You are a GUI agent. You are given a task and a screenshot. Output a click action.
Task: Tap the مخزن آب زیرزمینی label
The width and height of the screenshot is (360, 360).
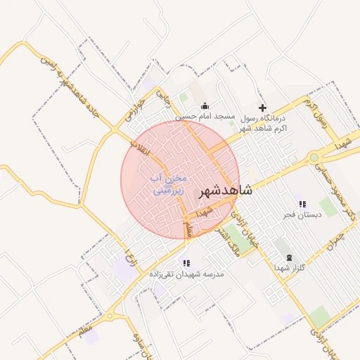(169, 184)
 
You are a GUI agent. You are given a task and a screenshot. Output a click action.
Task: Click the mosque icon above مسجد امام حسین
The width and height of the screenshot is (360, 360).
(205, 105)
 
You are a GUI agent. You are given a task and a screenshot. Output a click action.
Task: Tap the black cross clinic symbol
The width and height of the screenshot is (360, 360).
(263, 108)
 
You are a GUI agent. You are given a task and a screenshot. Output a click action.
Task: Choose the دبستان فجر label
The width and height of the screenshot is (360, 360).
(302, 214)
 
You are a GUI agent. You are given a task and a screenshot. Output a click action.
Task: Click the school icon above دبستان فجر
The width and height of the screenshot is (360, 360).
(302, 204)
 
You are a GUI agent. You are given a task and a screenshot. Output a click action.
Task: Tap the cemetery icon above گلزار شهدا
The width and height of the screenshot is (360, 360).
(289, 258)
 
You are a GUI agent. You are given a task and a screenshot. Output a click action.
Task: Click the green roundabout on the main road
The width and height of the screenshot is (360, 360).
(314, 157)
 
